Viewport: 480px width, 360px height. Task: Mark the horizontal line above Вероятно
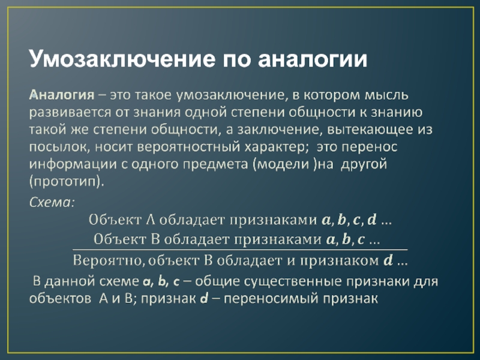(240, 249)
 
